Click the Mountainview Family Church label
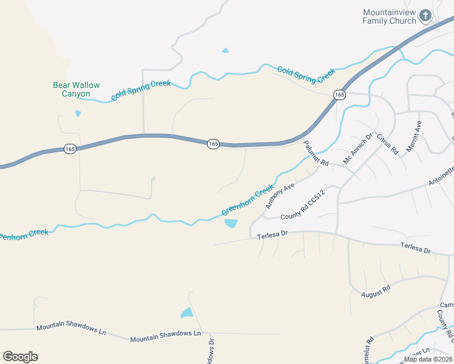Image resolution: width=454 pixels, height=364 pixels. tap(389, 16)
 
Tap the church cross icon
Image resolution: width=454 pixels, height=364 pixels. tap(425, 15)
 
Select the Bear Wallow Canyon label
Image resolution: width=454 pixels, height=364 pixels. tap(76, 89)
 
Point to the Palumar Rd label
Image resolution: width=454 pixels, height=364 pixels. tap(316, 153)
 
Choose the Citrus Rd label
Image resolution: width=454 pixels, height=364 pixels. tap(387, 144)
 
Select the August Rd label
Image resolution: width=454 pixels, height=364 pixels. tap(376, 291)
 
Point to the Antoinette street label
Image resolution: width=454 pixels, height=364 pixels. tap(441, 176)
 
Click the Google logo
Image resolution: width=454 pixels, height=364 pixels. tap(20, 356)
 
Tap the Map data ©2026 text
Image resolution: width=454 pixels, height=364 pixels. tap(427, 359)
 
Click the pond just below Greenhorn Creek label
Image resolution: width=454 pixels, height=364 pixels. tap(231, 223)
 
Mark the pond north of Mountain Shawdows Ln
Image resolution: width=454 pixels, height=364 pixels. tap(186, 314)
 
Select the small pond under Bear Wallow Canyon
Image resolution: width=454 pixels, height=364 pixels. tap(78, 113)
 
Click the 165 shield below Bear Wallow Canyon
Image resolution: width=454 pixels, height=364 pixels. tap(70, 149)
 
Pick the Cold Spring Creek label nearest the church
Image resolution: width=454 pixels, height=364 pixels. tap(306, 74)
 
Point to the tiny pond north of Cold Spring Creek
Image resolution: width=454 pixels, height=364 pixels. tap(225, 50)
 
